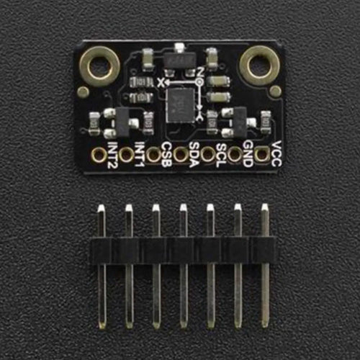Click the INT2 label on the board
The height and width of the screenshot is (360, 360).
112,155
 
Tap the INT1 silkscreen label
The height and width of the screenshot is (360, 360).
140,154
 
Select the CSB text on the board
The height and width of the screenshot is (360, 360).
166,155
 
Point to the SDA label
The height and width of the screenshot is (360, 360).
194,155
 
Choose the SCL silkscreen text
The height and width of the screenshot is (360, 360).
221,156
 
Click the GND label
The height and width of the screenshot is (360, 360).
248,154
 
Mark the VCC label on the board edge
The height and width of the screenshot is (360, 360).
276,153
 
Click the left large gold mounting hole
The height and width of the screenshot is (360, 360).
100,66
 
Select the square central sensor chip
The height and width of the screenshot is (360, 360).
181,105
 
